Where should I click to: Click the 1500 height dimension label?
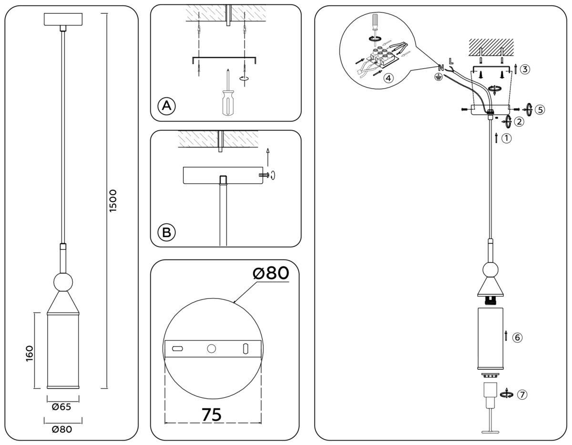pos(113,201)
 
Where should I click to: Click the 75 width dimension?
pos(211,414)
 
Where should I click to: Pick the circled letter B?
pos(166,232)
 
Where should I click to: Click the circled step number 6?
pos(517,337)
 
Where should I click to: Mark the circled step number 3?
pos(525,70)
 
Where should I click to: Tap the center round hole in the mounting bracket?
pos(211,349)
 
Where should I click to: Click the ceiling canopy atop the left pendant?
pos(63,20)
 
